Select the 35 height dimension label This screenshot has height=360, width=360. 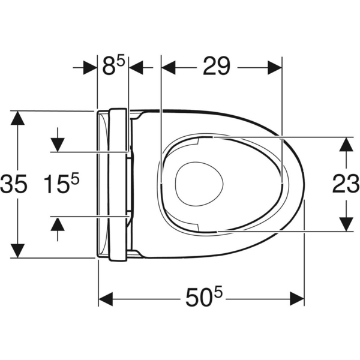(13, 184)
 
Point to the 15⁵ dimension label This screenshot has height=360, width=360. (62, 184)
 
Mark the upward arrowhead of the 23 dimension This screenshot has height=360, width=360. (346, 144)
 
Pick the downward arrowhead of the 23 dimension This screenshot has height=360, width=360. (346, 223)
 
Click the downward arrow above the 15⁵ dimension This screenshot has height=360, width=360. (58, 144)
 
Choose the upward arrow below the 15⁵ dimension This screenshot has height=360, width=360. (58, 223)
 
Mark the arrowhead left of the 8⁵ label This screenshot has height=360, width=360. (90, 67)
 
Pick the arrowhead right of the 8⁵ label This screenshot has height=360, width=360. (137, 67)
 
